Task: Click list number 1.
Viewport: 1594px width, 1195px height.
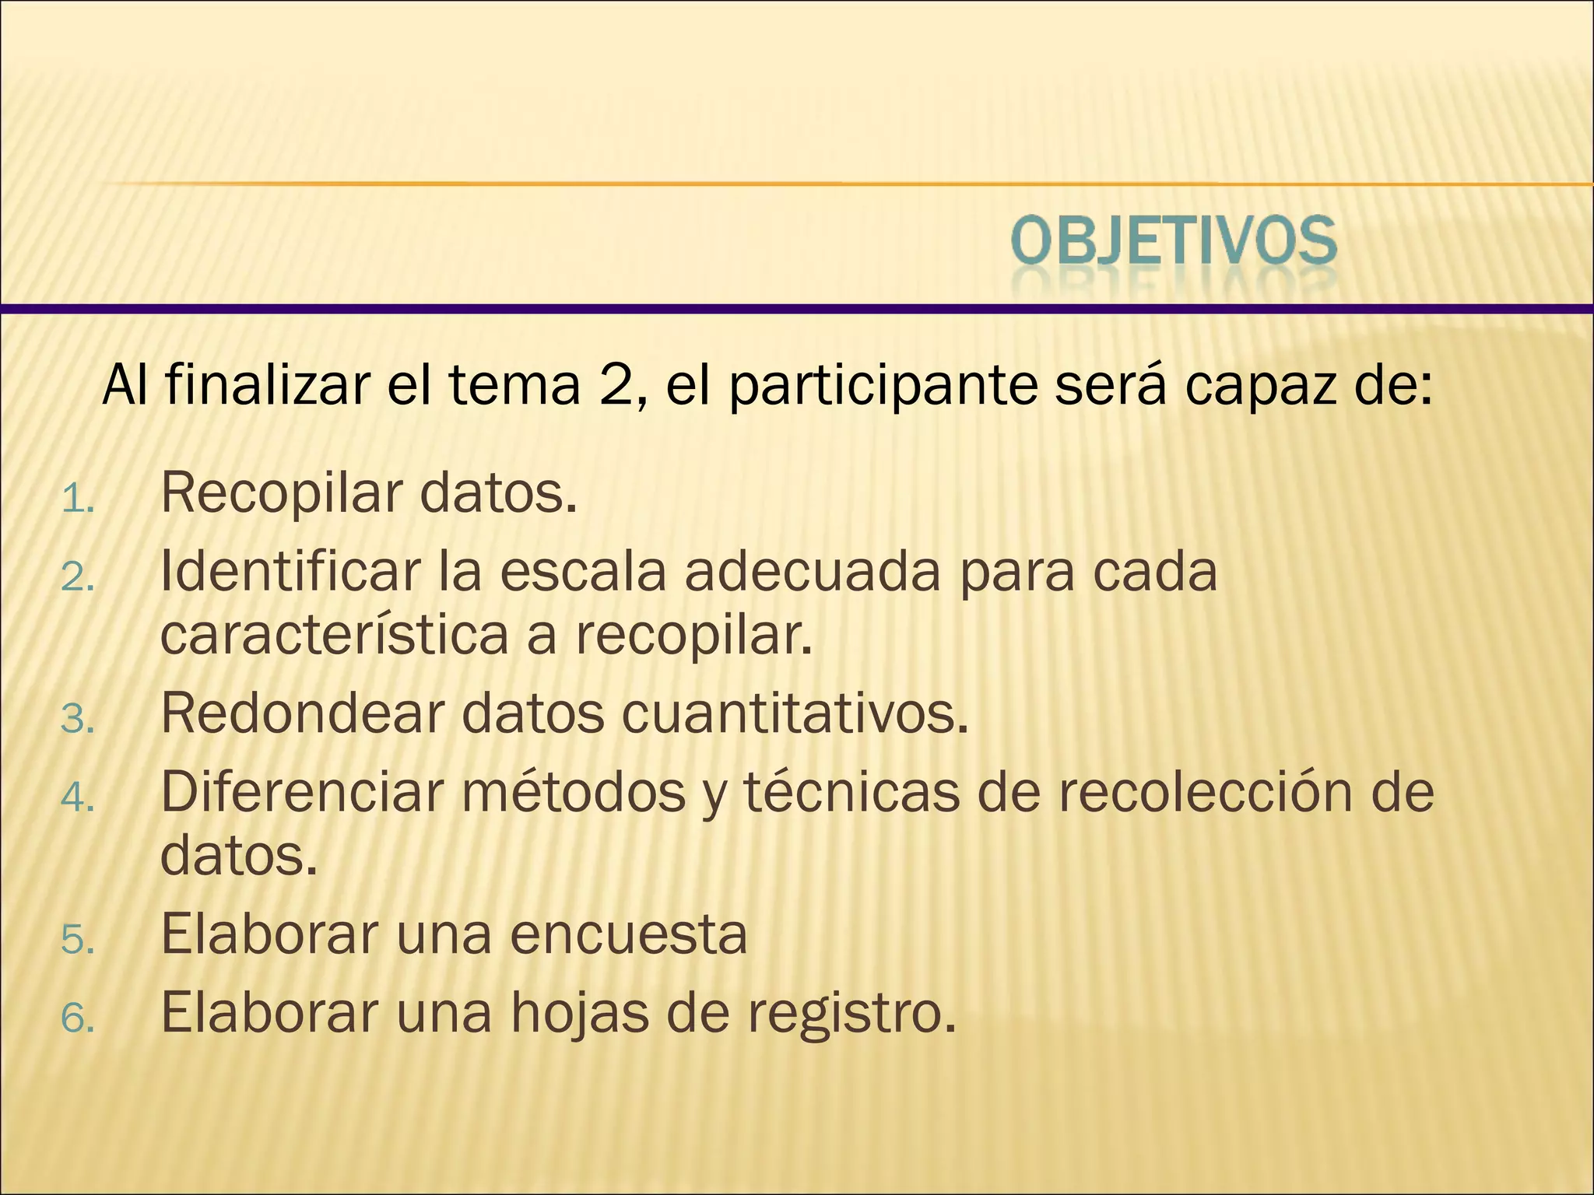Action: click(x=76, y=500)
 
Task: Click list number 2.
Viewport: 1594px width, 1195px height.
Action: click(x=76, y=578)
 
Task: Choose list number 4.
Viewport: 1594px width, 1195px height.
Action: click(x=76, y=798)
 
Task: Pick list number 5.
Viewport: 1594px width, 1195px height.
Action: click(x=76, y=941)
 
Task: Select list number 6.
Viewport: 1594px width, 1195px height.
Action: click(x=76, y=1018)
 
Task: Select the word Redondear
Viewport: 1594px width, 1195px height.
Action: click(x=302, y=713)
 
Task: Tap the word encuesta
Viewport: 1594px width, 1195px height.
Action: click(x=629, y=934)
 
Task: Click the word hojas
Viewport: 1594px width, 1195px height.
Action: click(x=579, y=1014)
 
